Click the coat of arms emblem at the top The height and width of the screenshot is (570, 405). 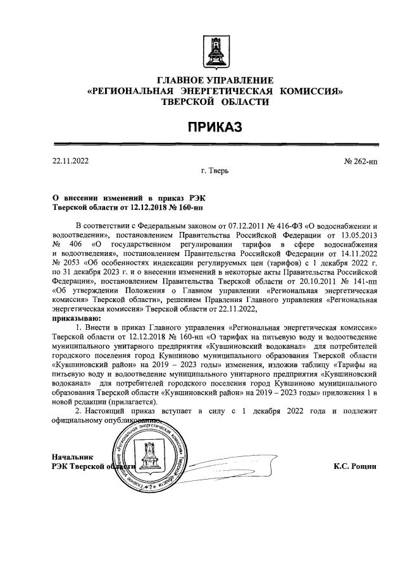[215, 52]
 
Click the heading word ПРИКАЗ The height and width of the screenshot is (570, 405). [215, 128]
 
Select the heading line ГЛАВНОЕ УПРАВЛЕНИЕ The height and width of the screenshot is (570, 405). [215, 80]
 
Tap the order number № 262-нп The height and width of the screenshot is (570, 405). [361, 162]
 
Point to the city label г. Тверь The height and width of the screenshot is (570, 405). [215, 171]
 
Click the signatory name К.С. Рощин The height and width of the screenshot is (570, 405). [355, 466]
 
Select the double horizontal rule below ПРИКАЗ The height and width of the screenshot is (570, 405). [215, 146]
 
